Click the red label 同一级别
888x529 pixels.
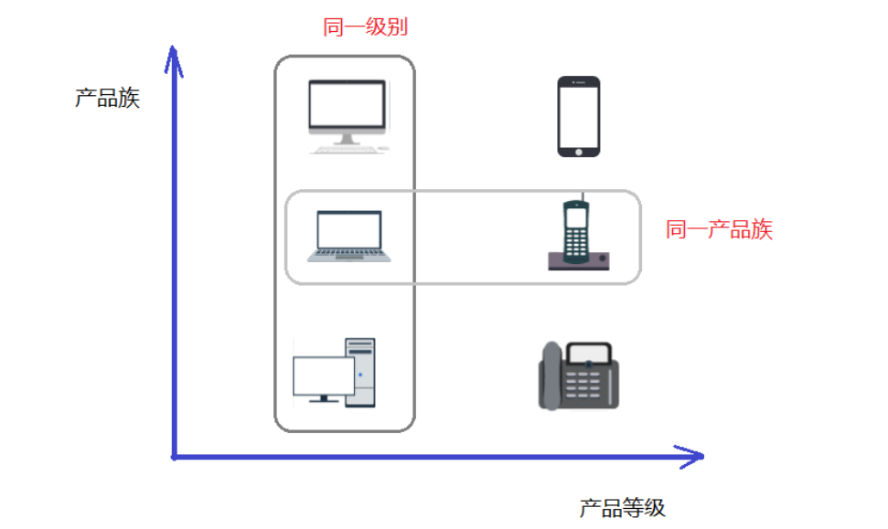coord(365,27)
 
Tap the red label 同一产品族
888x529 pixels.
coord(719,229)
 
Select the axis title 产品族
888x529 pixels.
coord(107,98)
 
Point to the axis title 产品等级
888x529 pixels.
coord(622,508)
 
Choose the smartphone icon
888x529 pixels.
coord(579,116)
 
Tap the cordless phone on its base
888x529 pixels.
coord(576,233)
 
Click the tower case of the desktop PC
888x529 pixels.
coord(360,371)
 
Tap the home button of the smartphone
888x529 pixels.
coord(579,150)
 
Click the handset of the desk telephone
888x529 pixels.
coord(550,375)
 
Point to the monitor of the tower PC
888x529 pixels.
coord(323,376)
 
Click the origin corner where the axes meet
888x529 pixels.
coord(174,456)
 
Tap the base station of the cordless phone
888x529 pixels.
coord(579,261)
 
